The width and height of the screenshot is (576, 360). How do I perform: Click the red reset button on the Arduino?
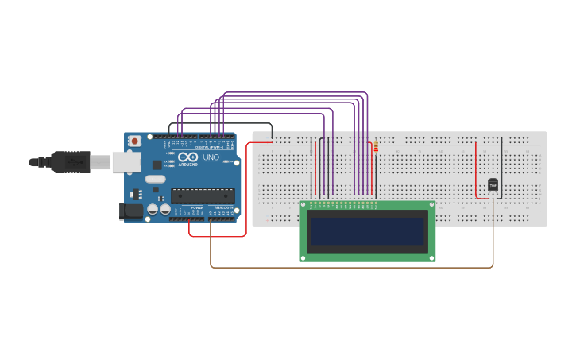(135, 141)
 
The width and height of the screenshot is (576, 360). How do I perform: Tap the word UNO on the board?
(211, 157)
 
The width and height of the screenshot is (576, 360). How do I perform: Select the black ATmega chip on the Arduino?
(203, 195)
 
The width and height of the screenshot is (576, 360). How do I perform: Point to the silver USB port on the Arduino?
(126, 162)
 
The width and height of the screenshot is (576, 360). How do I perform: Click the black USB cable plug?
(71, 161)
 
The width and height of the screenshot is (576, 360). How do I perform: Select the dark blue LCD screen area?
(367, 231)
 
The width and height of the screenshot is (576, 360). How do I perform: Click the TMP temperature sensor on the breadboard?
(493, 185)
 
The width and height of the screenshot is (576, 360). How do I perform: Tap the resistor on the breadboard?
(376, 146)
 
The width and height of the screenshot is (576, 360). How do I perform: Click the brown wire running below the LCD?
(350, 267)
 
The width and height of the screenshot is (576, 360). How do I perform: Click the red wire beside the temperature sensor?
(477, 171)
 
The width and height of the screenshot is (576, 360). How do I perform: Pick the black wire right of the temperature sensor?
(502, 167)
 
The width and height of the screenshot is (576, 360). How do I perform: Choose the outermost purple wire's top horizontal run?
(294, 92)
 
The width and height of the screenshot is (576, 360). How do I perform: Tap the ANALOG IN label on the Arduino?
(223, 207)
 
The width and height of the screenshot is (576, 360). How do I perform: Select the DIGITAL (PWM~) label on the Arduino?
(208, 148)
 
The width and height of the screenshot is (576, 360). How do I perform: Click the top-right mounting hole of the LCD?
(430, 206)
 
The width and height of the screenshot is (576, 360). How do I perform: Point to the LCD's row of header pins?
(344, 204)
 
